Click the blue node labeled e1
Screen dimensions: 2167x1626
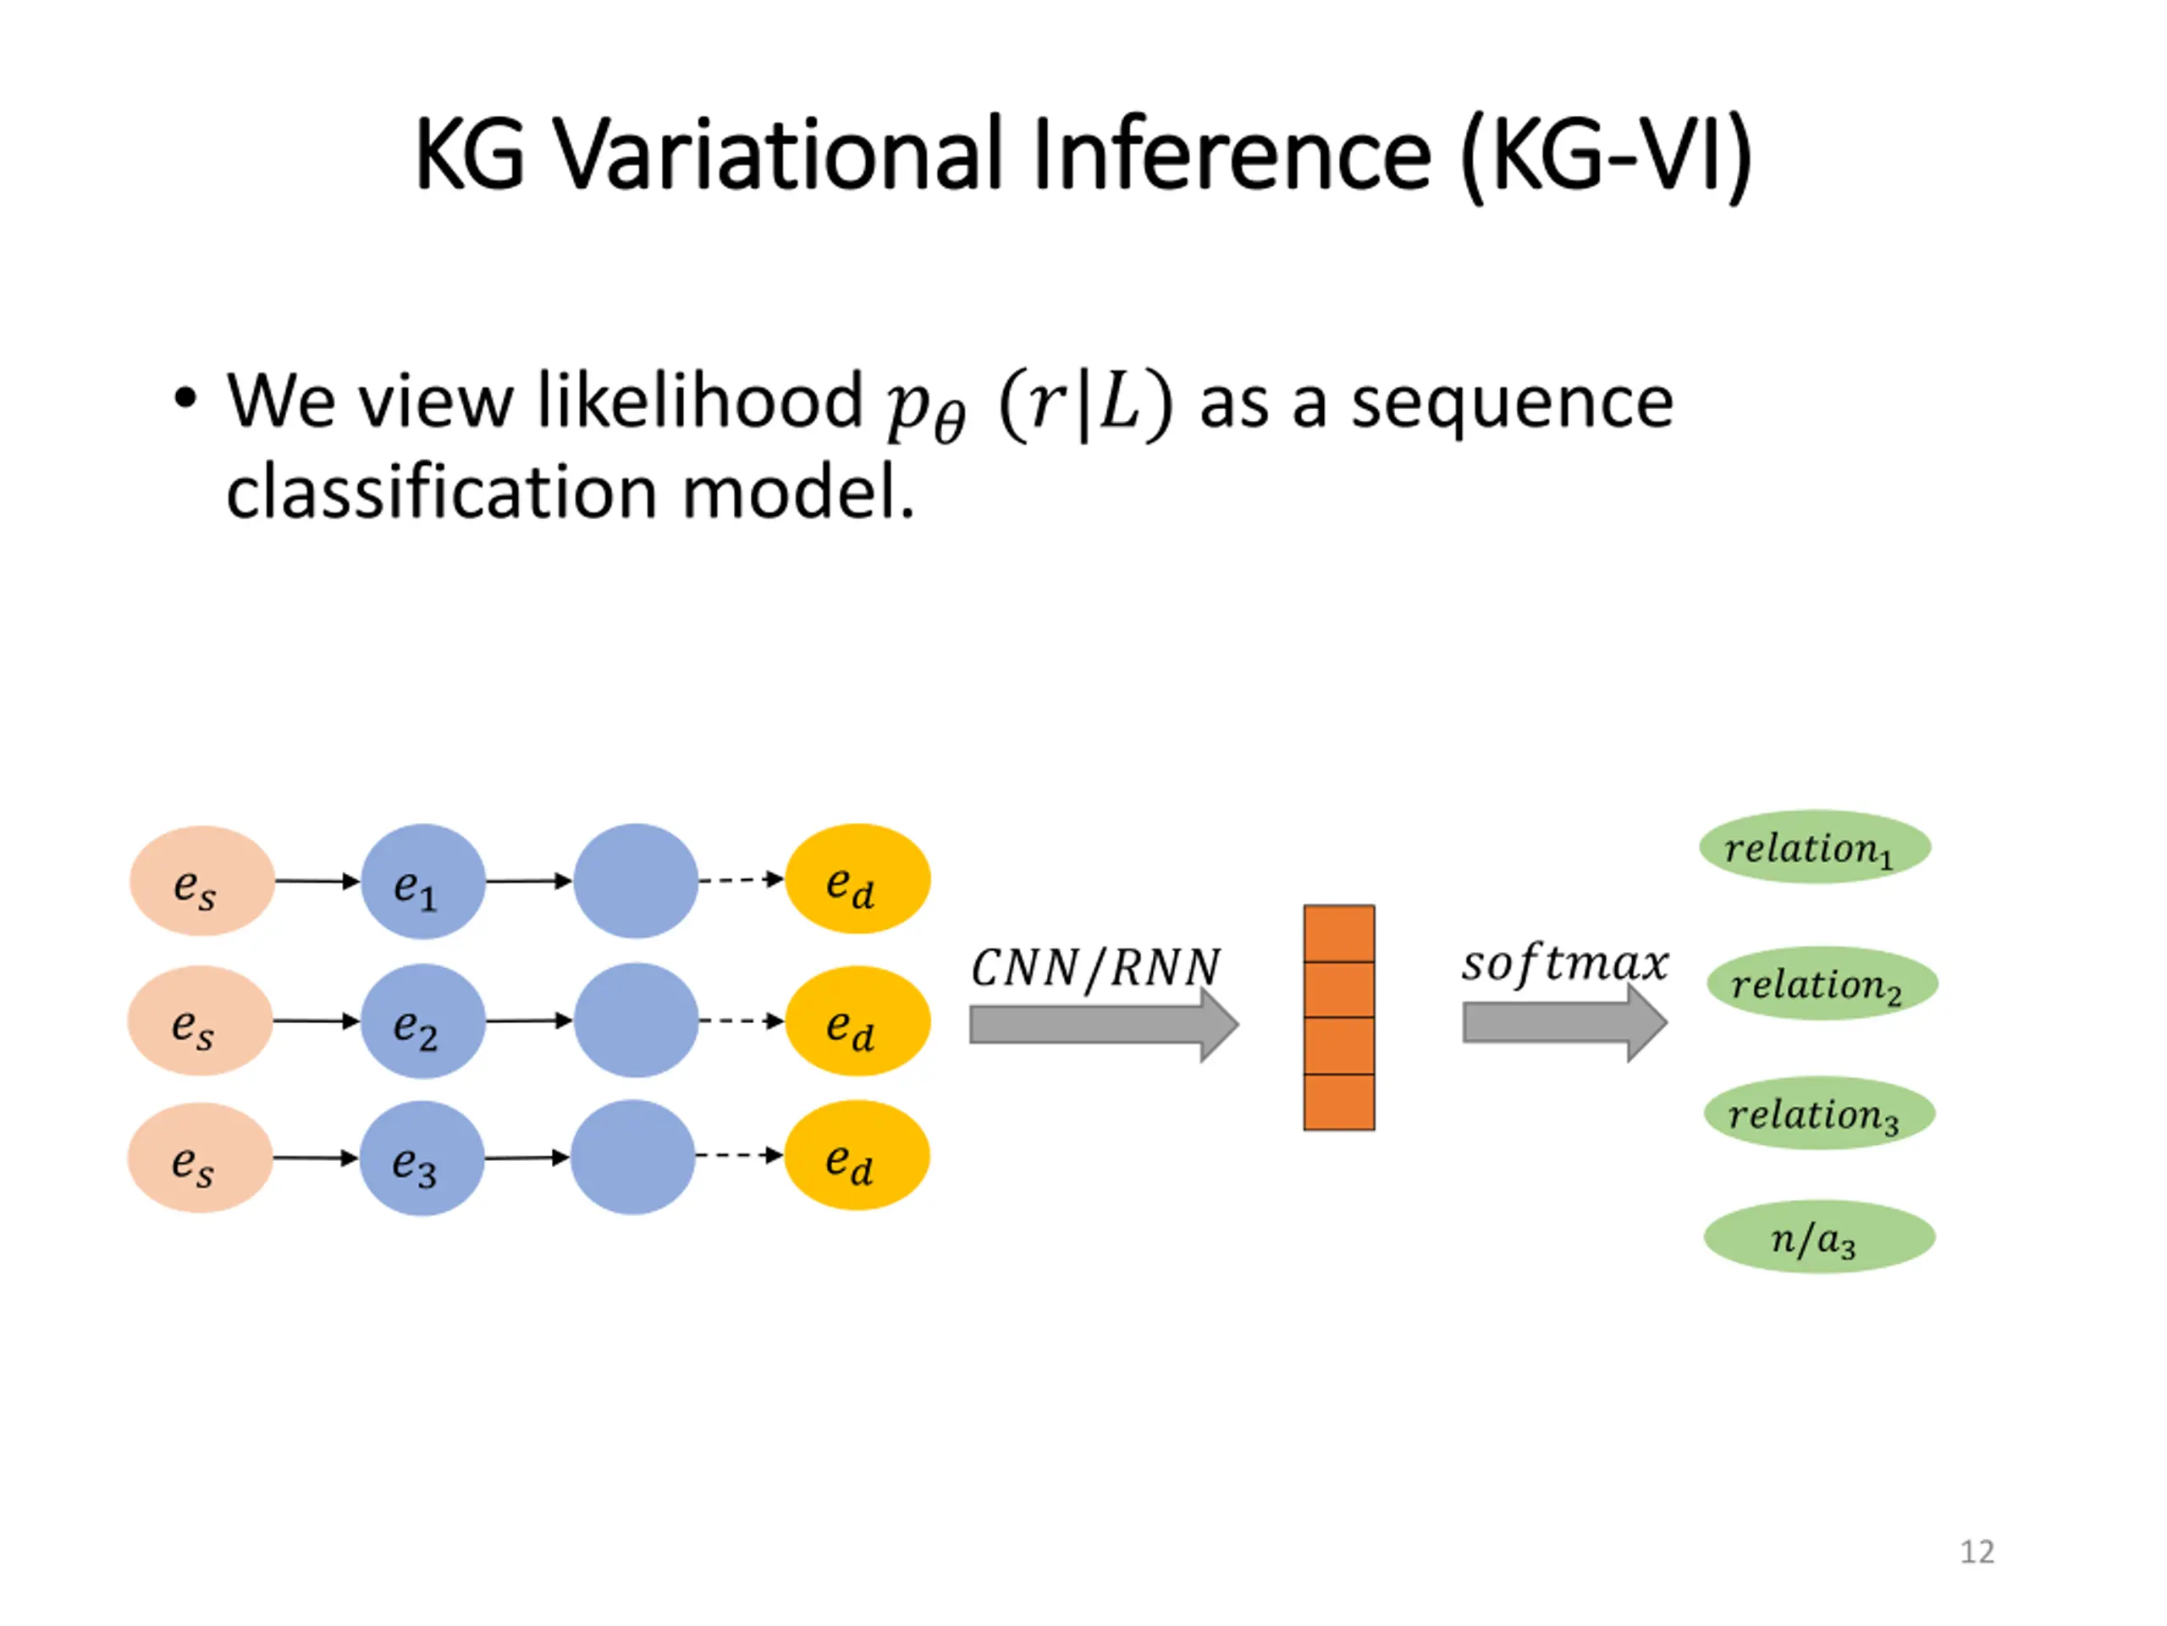(x=423, y=881)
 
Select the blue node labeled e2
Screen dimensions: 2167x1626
(x=423, y=1020)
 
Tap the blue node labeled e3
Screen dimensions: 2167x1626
(x=422, y=1158)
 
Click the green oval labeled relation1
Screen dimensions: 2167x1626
(x=1814, y=847)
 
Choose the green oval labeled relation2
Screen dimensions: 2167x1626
(x=1822, y=983)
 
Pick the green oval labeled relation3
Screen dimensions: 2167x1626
(x=1819, y=1113)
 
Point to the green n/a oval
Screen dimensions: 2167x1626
(x=1819, y=1237)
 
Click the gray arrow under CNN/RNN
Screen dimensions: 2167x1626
(x=1104, y=1024)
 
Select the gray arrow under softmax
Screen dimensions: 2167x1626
(x=1564, y=1022)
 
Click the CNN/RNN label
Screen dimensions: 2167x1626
(x=1095, y=967)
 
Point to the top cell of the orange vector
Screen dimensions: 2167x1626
(x=1339, y=934)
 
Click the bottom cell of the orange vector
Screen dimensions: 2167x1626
(x=1339, y=1102)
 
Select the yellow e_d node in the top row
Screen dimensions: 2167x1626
(x=857, y=879)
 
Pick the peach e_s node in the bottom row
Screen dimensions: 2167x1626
(x=200, y=1158)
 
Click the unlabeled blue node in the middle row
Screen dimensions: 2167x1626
(x=636, y=1020)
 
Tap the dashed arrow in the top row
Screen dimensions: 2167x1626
(x=741, y=879)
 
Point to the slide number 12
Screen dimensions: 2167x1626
(x=1977, y=1551)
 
